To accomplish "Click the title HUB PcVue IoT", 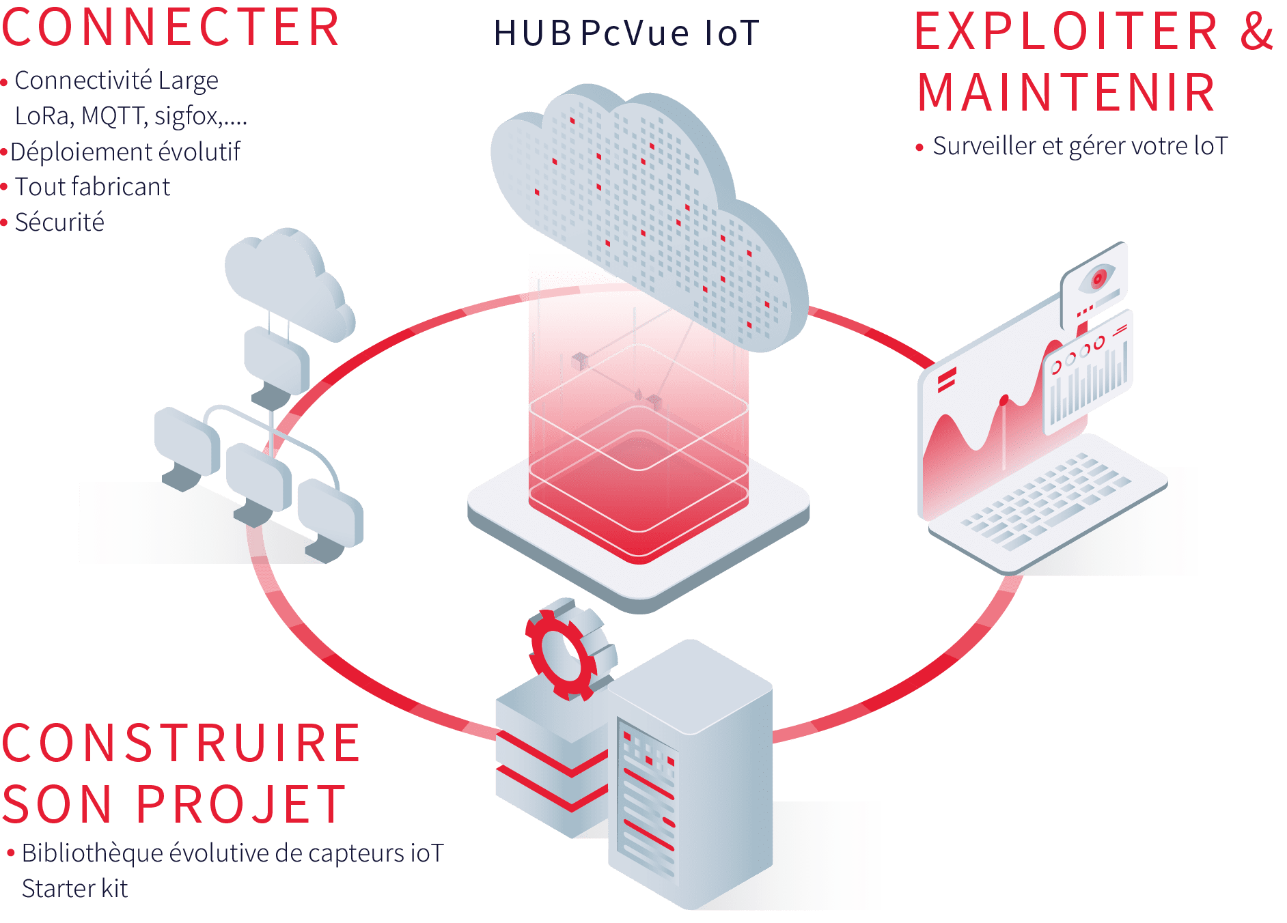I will [x=626, y=33].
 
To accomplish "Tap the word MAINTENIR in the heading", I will [x=1066, y=92].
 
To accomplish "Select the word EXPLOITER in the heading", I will [x=1066, y=31].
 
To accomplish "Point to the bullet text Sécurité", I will [x=59, y=223].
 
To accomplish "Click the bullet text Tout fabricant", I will [x=92, y=187].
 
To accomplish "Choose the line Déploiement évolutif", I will [x=125, y=152].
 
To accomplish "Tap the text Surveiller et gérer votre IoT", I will [x=1080, y=146].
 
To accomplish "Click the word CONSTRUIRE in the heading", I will [x=181, y=743].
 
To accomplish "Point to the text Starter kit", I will [x=74, y=889].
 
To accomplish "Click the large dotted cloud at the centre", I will [x=649, y=205].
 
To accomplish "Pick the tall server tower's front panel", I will [x=646, y=799].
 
